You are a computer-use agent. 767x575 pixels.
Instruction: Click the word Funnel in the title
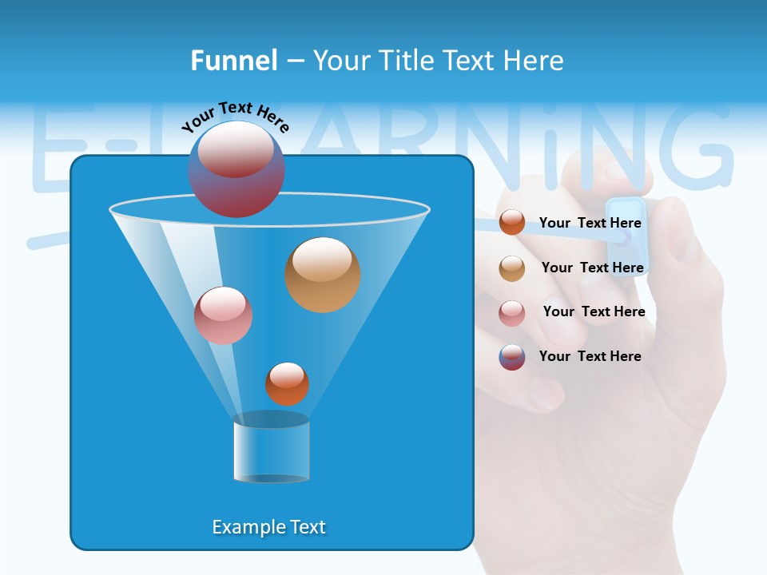click(x=233, y=61)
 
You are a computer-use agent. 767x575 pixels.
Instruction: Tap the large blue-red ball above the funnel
click(x=236, y=169)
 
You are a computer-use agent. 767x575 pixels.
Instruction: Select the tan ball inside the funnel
click(x=323, y=275)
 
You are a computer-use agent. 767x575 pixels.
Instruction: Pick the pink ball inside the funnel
click(x=223, y=315)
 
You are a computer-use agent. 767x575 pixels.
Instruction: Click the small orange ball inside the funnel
click(x=287, y=383)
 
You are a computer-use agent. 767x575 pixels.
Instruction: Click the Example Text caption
click(x=269, y=527)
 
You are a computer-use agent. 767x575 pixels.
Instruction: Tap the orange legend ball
click(x=512, y=223)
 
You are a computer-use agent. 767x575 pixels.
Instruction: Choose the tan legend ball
click(x=512, y=268)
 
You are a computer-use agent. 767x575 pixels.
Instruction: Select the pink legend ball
click(x=512, y=313)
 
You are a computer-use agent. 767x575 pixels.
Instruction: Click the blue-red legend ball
click(x=512, y=357)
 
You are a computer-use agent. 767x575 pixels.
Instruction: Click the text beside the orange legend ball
click(x=590, y=223)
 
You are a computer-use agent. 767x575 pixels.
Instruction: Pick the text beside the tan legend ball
click(x=593, y=268)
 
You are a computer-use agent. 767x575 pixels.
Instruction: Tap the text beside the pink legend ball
click(x=594, y=311)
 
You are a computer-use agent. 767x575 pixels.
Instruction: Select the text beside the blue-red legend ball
click(x=590, y=356)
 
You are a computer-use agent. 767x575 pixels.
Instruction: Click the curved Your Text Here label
click(x=236, y=116)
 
